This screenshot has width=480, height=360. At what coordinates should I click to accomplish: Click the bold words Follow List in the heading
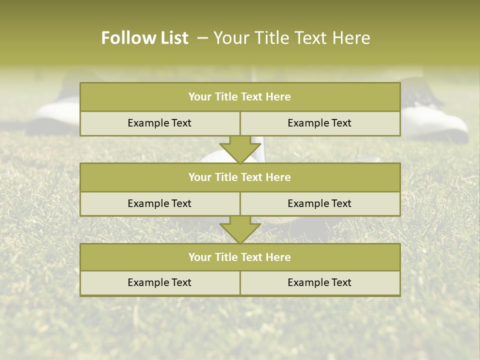[144, 38]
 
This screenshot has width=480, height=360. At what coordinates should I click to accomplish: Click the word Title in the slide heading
[270, 38]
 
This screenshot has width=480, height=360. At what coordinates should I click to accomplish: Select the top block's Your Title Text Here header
[239, 97]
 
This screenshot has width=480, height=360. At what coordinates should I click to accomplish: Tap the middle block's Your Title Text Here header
[239, 177]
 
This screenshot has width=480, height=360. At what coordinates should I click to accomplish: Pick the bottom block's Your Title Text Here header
[239, 257]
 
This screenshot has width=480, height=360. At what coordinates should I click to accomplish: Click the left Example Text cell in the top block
[159, 123]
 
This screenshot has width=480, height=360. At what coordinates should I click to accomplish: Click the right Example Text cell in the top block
[319, 123]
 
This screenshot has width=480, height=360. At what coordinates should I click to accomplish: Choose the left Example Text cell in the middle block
[159, 203]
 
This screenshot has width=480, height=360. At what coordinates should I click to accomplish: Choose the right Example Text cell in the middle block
[319, 203]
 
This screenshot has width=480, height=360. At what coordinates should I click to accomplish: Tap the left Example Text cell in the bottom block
[159, 282]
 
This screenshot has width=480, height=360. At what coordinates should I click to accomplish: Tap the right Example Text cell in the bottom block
[319, 282]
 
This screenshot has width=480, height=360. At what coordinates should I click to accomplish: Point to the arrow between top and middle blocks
[240, 149]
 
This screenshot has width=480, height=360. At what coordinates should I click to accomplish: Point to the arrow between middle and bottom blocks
[240, 229]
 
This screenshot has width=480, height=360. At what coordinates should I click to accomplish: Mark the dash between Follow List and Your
[202, 38]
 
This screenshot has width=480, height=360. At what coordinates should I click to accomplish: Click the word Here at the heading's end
[351, 38]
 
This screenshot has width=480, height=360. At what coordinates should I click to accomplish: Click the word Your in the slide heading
[231, 38]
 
